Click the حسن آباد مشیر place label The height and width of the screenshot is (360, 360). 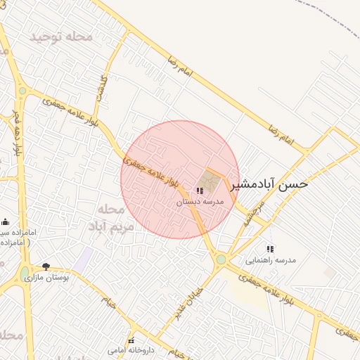coord(269,184)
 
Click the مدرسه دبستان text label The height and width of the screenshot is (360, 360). coord(199,201)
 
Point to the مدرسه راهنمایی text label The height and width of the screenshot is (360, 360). coord(271,259)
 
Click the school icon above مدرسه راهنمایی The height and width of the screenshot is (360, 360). coord(270,249)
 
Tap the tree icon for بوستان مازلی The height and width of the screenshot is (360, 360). coord(46,267)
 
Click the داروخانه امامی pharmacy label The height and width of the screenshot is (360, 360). coord(131,349)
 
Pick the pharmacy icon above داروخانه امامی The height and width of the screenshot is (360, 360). coord(131,340)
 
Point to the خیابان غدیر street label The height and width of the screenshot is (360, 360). coord(190,304)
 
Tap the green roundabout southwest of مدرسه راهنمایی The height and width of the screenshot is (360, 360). coord(221,259)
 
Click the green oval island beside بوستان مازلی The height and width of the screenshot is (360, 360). coord(25,273)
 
